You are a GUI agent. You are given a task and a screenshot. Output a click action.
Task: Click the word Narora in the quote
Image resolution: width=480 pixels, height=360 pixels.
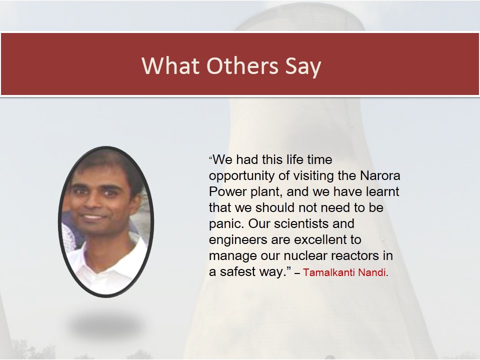(x=380, y=175)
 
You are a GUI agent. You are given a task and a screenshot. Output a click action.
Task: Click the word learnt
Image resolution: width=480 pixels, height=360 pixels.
(x=382, y=191)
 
